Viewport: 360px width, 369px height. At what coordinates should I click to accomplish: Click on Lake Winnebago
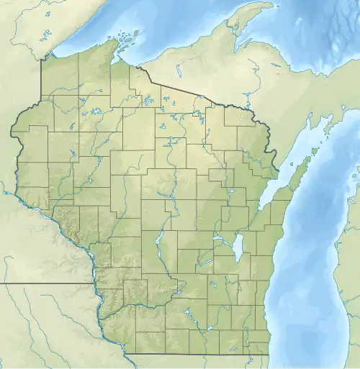coord(237,248)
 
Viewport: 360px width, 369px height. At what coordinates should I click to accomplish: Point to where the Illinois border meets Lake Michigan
coord(269,354)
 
